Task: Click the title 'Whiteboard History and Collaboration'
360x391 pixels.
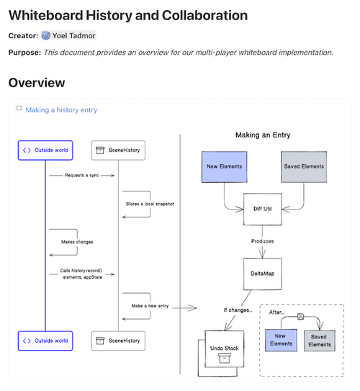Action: click(x=128, y=15)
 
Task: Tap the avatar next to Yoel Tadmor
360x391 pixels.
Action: click(x=45, y=35)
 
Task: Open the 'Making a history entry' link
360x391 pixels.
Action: click(x=61, y=110)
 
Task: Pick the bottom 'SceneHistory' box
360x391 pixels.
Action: click(x=120, y=341)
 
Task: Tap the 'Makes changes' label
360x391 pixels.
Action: click(x=77, y=242)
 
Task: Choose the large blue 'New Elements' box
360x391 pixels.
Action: click(x=224, y=167)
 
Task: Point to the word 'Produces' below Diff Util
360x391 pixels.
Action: click(x=262, y=241)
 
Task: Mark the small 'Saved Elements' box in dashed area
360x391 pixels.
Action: click(x=319, y=339)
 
